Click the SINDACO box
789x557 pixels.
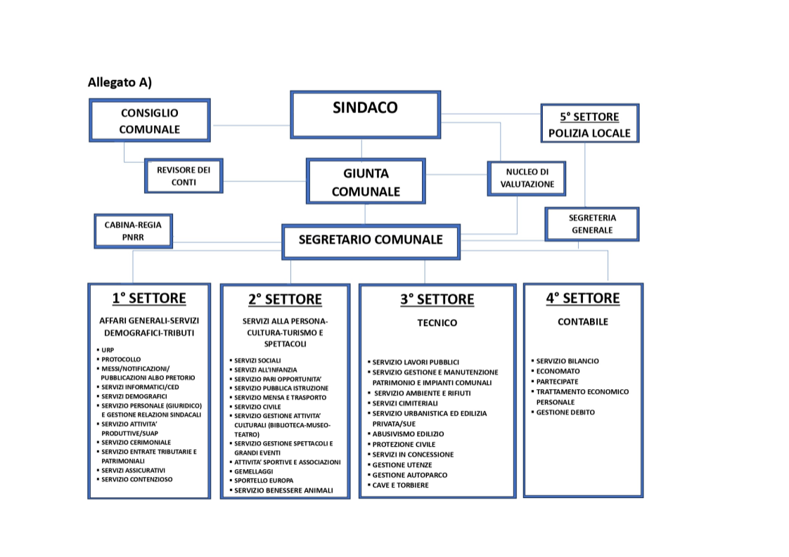click(365, 114)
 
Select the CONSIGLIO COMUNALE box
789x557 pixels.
click(149, 121)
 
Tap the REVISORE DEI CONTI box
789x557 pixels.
click(184, 176)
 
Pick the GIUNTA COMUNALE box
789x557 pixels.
click(366, 182)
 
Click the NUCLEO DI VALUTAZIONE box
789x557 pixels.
click(527, 178)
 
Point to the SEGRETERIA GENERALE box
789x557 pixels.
click(591, 224)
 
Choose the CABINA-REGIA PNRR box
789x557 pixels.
click(133, 230)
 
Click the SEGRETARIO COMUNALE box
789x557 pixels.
click(371, 240)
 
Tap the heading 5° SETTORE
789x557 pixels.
click(589, 117)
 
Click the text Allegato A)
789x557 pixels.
click(120, 82)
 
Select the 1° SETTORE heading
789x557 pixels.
click(149, 298)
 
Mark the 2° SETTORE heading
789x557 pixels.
click(285, 299)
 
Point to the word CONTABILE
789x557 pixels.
click(583, 322)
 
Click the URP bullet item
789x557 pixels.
click(108, 349)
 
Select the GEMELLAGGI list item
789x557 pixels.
click(255, 471)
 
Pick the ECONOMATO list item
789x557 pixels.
click(558, 371)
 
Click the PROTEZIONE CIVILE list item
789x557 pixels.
click(404, 445)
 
